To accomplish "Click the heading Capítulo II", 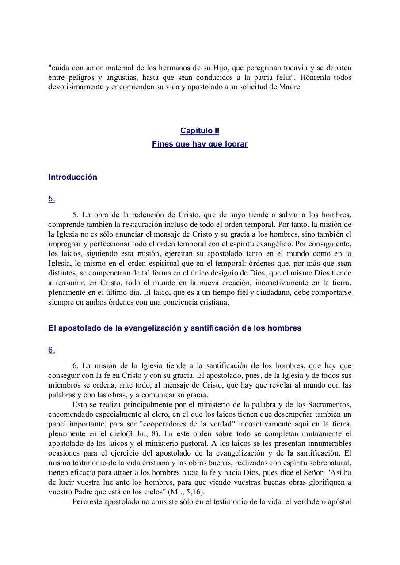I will [x=199, y=131].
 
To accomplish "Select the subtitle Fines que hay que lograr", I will [x=199, y=144].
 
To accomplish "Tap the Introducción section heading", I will [x=72, y=177].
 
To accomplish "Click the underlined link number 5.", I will [x=52, y=199].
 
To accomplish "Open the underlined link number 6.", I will [x=52, y=350].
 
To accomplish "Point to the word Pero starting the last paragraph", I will [x=80, y=502].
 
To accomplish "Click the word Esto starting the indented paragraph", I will [x=80, y=404].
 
